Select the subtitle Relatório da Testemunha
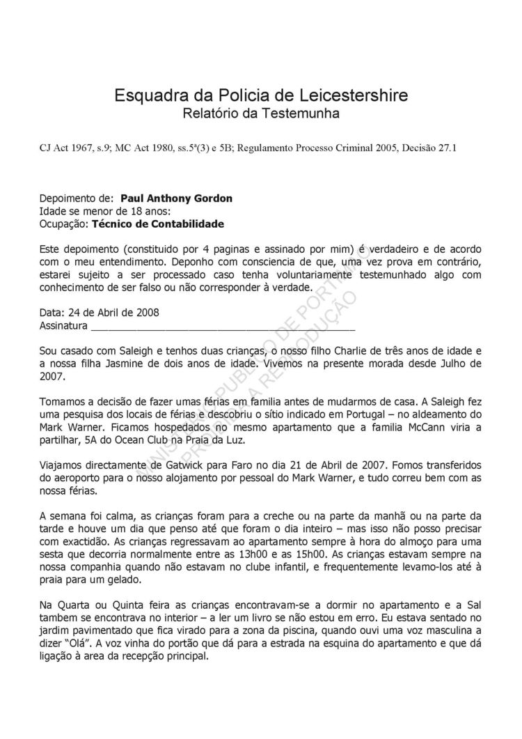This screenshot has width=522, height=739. (261, 113)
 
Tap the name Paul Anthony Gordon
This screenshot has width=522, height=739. (177, 199)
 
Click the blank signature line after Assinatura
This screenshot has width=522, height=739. (223, 325)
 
